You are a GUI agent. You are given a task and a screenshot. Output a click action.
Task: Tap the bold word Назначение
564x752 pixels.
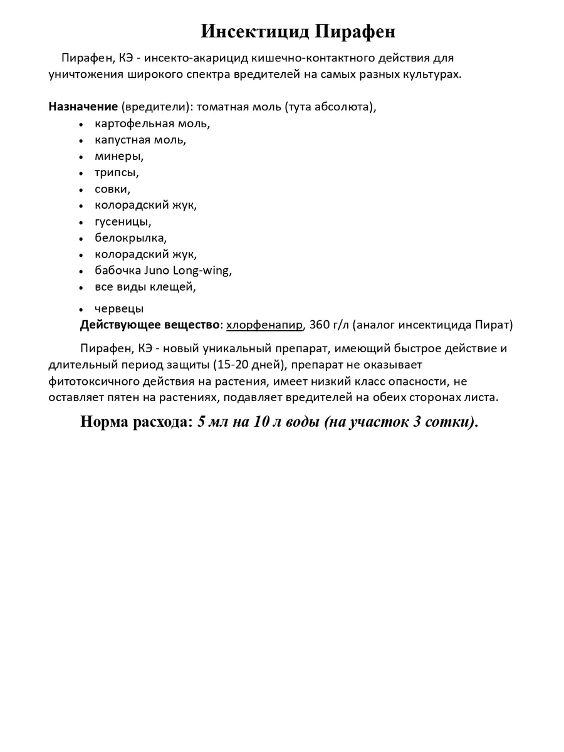point(83,106)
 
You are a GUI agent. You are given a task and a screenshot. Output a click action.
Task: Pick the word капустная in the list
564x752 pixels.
point(121,140)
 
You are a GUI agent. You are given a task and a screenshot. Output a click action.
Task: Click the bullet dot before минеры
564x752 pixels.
point(81,157)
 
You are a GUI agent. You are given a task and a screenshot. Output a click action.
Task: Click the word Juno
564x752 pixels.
point(158,271)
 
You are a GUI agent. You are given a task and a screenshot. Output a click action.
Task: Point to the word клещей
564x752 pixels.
point(175,287)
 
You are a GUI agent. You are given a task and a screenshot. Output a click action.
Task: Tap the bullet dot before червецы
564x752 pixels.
point(81,310)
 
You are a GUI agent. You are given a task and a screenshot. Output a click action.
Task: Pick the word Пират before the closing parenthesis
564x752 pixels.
point(494,325)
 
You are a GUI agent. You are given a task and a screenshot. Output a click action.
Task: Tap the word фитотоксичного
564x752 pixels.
point(95,381)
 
